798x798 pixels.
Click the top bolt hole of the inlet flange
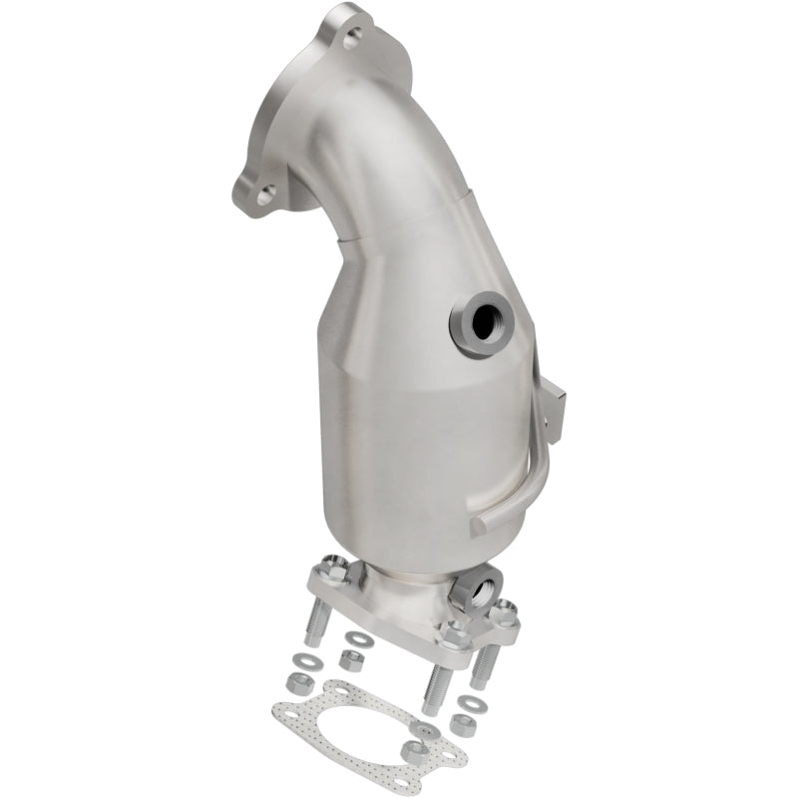[x=352, y=40]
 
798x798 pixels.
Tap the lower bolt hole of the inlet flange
[x=265, y=196]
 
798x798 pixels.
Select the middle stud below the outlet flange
[x=436, y=685]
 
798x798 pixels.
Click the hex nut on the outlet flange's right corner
[x=507, y=608]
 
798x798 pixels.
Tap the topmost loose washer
[x=356, y=638]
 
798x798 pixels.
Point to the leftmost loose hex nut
[x=295, y=683]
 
